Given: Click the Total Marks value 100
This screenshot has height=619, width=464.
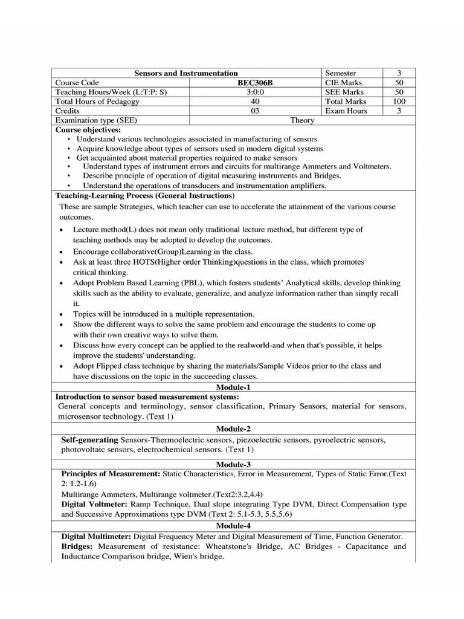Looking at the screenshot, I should click(399, 102).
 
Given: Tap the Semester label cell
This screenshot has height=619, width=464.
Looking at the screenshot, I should click(341, 73).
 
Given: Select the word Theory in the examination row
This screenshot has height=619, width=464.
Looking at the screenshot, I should click(302, 120).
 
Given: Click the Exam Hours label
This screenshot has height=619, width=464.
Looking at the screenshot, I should click(346, 111).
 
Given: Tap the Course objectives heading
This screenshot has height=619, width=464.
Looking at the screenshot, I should click(88, 129).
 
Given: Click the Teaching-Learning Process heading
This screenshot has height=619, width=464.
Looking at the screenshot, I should click(144, 196).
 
